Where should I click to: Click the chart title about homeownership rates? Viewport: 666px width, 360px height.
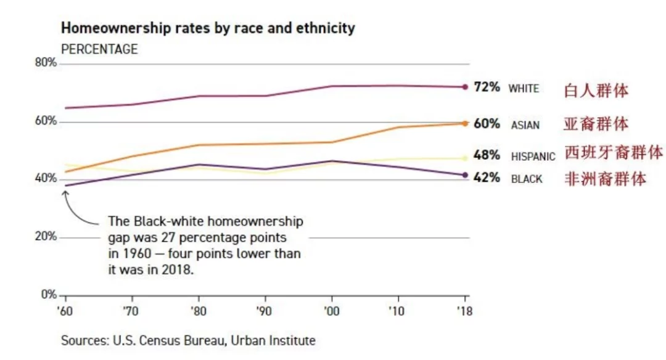(x=207, y=28)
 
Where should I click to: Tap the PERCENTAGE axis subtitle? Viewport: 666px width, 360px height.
(x=99, y=49)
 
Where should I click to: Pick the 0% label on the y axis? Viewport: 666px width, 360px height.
(x=49, y=295)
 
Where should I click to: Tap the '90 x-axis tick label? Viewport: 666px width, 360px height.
(x=265, y=311)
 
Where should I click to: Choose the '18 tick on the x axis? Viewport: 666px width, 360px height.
(x=465, y=311)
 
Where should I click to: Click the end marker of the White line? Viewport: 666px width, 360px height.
(x=465, y=87)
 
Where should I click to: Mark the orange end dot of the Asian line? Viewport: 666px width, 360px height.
(x=465, y=123)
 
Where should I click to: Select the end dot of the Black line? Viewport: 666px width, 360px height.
(x=465, y=175)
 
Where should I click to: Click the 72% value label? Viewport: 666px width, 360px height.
(x=487, y=88)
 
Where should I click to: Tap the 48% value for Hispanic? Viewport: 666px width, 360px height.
(x=487, y=155)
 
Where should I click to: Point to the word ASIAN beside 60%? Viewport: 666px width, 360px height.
(x=525, y=125)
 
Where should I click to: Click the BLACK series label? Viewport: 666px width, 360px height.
(x=527, y=179)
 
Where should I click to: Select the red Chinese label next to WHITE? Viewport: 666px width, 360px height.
(x=596, y=91)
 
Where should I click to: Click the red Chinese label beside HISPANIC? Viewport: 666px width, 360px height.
(x=614, y=152)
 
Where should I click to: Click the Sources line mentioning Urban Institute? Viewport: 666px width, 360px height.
(x=188, y=340)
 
